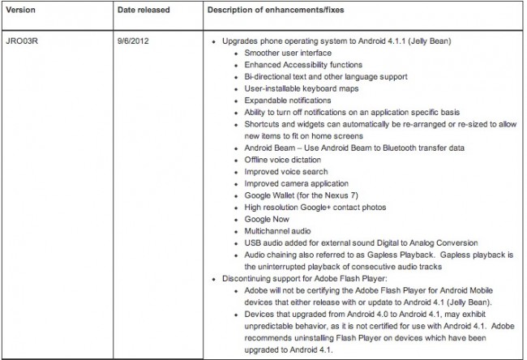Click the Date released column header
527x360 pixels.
click(x=140, y=14)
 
